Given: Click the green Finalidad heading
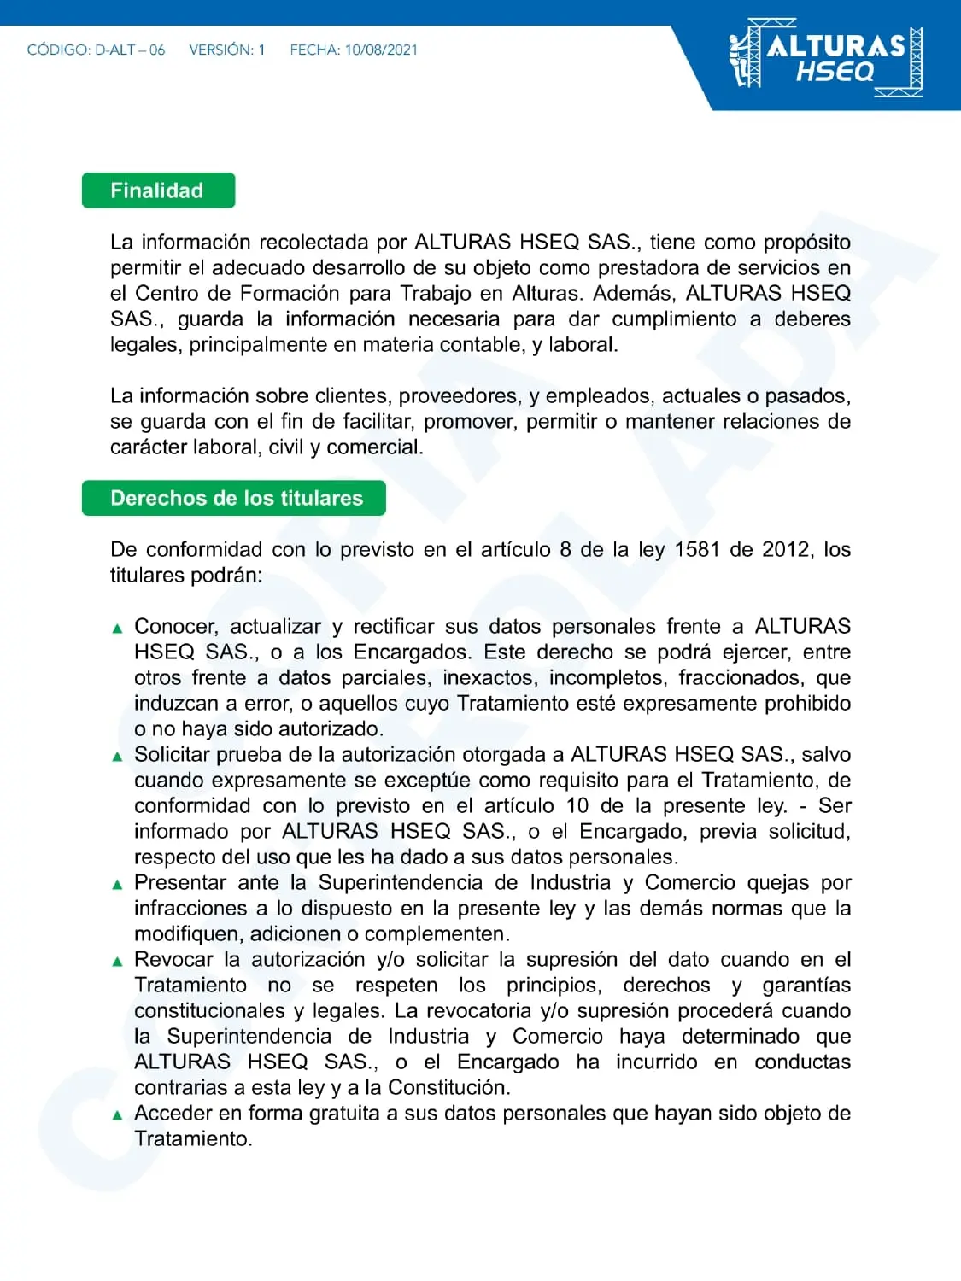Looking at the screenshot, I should pos(158,190).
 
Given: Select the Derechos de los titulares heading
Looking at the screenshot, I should pos(235,498).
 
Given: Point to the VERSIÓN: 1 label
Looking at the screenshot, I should pos(226,50).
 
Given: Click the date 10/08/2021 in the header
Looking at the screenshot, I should pos(381,50).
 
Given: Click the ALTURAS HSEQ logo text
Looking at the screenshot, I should pos(835,56).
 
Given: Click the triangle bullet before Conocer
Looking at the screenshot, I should pos(118,629).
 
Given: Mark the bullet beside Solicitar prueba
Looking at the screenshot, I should pos(118,757).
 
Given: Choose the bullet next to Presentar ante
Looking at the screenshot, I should pos(118,885).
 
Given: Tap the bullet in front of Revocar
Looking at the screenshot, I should pos(118,962).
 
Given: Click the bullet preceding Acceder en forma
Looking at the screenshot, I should pos(118,1115).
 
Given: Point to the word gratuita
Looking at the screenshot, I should pos(344,1113).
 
